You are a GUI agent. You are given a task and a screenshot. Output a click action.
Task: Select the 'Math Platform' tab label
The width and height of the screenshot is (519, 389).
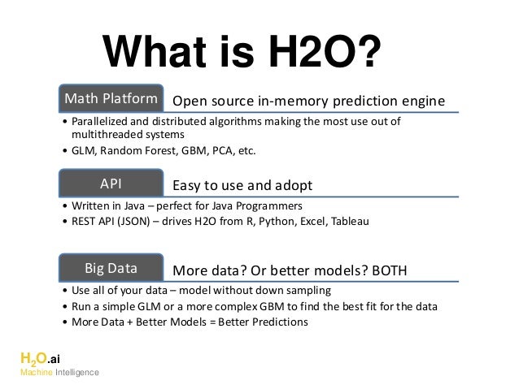click(x=111, y=99)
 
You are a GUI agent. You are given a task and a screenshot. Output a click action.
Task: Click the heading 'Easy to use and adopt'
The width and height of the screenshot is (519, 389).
click(x=242, y=186)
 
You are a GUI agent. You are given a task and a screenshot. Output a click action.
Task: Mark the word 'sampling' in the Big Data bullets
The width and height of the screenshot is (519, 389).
click(x=310, y=291)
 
